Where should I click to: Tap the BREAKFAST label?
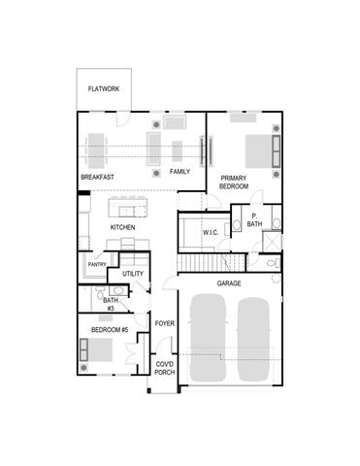coord(98,177)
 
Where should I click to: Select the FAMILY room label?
coord(180,171)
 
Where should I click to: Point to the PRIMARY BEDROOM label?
coord(234,182)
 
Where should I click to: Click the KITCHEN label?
coord(122,228)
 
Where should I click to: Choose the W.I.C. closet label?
coord(212,233)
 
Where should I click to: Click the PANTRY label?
coord(97,264)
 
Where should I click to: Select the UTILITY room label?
coord(133,275)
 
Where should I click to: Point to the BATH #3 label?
coord(110,304)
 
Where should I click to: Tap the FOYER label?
coord(164,323)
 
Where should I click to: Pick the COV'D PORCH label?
coord(164,367)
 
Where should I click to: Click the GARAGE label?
coord(229,283)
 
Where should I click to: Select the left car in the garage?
coord(210,339)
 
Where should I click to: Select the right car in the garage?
coord(252,339)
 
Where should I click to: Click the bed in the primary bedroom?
coord(256,151)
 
